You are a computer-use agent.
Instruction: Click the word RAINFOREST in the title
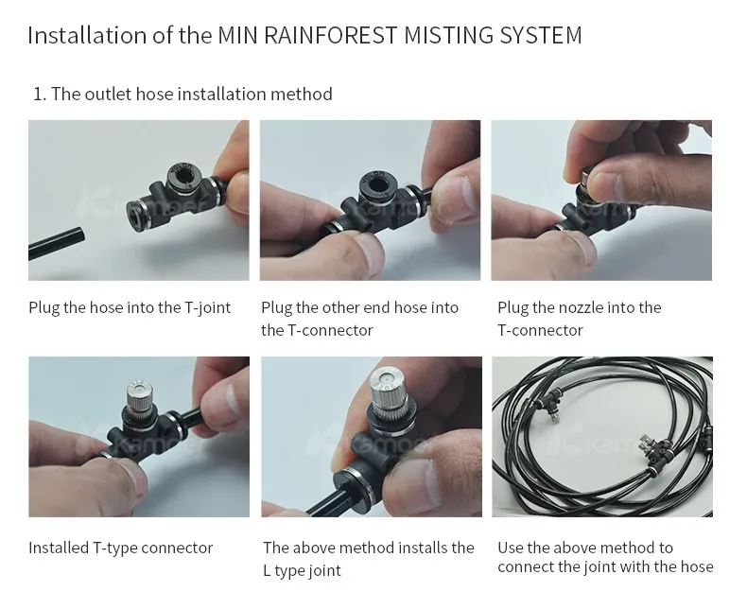[330, 35]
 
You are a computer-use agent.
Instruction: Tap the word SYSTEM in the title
[540, 35]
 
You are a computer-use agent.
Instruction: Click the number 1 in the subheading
[38, 94]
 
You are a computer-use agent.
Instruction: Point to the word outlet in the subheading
[108, 94]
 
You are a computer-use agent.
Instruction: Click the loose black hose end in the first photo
[57, 243]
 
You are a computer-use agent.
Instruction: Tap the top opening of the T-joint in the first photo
[182, 174]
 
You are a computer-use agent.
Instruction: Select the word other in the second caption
[339, 307]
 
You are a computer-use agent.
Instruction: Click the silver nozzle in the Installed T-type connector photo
[140, 396]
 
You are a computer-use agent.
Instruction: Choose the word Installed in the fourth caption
[59, 548]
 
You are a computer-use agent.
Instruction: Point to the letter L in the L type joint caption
[267, 570]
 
